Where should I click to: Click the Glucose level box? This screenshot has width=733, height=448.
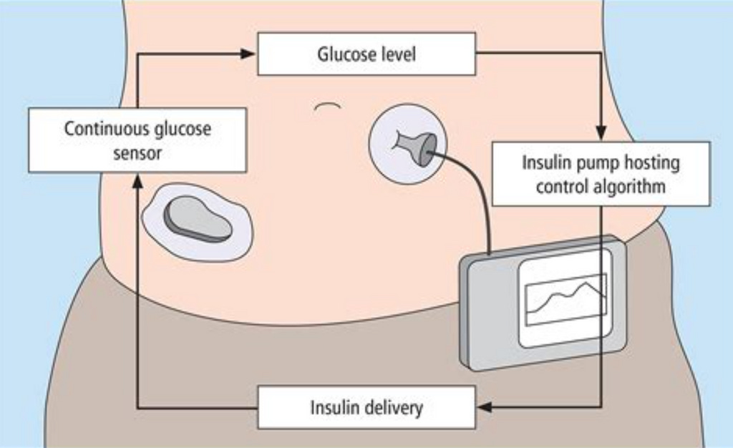[x=366, y=54]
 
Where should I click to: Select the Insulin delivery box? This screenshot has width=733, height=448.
[x=366, y=407]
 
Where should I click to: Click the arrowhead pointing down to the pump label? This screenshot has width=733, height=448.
[x=601, y=132]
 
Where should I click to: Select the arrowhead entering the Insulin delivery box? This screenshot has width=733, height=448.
[x=485, y=407]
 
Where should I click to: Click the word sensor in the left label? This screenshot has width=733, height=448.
[x=137, y=152]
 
